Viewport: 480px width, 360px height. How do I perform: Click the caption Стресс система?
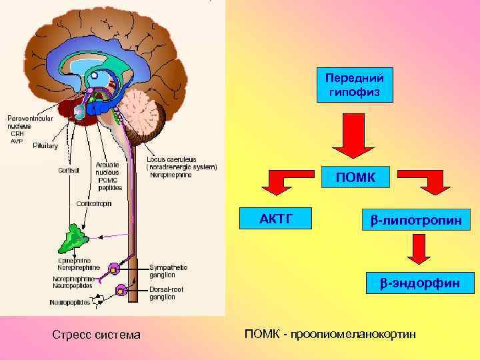point(96,334)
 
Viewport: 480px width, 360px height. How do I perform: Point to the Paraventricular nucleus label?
point(31,121)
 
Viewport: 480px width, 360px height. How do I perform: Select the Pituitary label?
point(45,145)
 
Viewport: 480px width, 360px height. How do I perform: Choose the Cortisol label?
point(69,169)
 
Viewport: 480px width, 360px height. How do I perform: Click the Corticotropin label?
point(94,203)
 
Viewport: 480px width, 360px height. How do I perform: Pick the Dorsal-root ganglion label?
point(167,293)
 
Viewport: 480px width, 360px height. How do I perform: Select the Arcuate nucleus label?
point(107,171)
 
